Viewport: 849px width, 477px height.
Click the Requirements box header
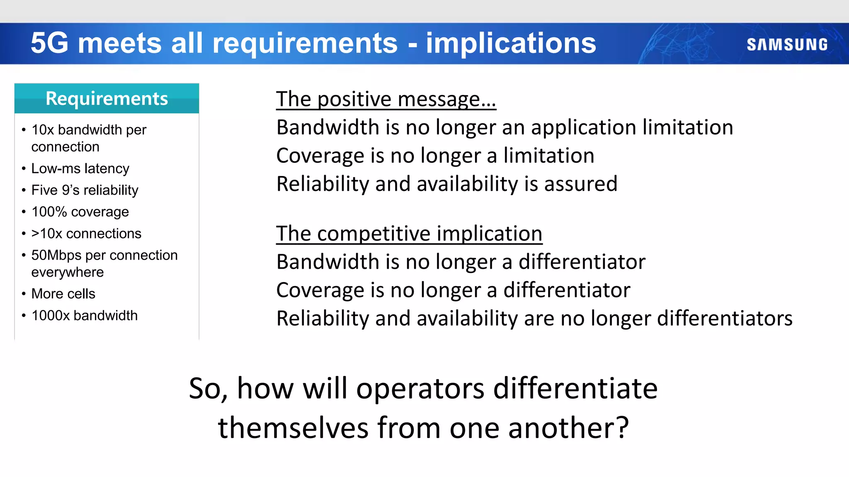107,99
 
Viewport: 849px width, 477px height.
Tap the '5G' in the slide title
49,43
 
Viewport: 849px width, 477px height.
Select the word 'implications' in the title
511,43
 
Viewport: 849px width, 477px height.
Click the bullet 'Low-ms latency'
80,169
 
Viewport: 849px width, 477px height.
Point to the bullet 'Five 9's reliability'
85,190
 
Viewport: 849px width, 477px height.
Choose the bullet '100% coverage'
80,212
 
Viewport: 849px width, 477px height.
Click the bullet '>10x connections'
86,234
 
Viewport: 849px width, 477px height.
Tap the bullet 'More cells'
63,294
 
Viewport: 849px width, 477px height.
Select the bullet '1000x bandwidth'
84,316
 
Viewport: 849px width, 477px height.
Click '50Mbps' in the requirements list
56,255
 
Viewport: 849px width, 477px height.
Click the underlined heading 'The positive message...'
386,99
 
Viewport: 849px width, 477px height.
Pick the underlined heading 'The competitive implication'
409,234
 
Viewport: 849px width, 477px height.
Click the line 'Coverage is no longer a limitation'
435,156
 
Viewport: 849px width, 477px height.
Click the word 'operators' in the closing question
420,389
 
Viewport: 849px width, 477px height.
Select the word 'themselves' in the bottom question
293,428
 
